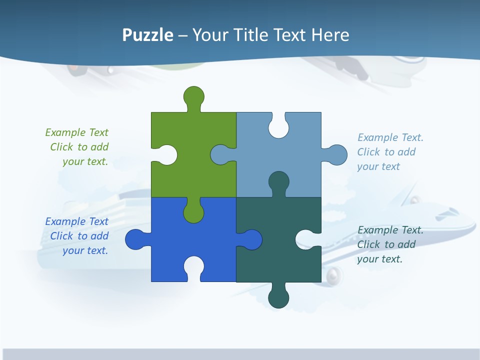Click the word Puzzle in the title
click(148, 35)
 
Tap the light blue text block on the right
click(390, 152)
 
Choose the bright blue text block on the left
click(77, 236)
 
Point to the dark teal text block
click(390, 244)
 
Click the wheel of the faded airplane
click(333, 275)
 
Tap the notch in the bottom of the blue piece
click(193, 267)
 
